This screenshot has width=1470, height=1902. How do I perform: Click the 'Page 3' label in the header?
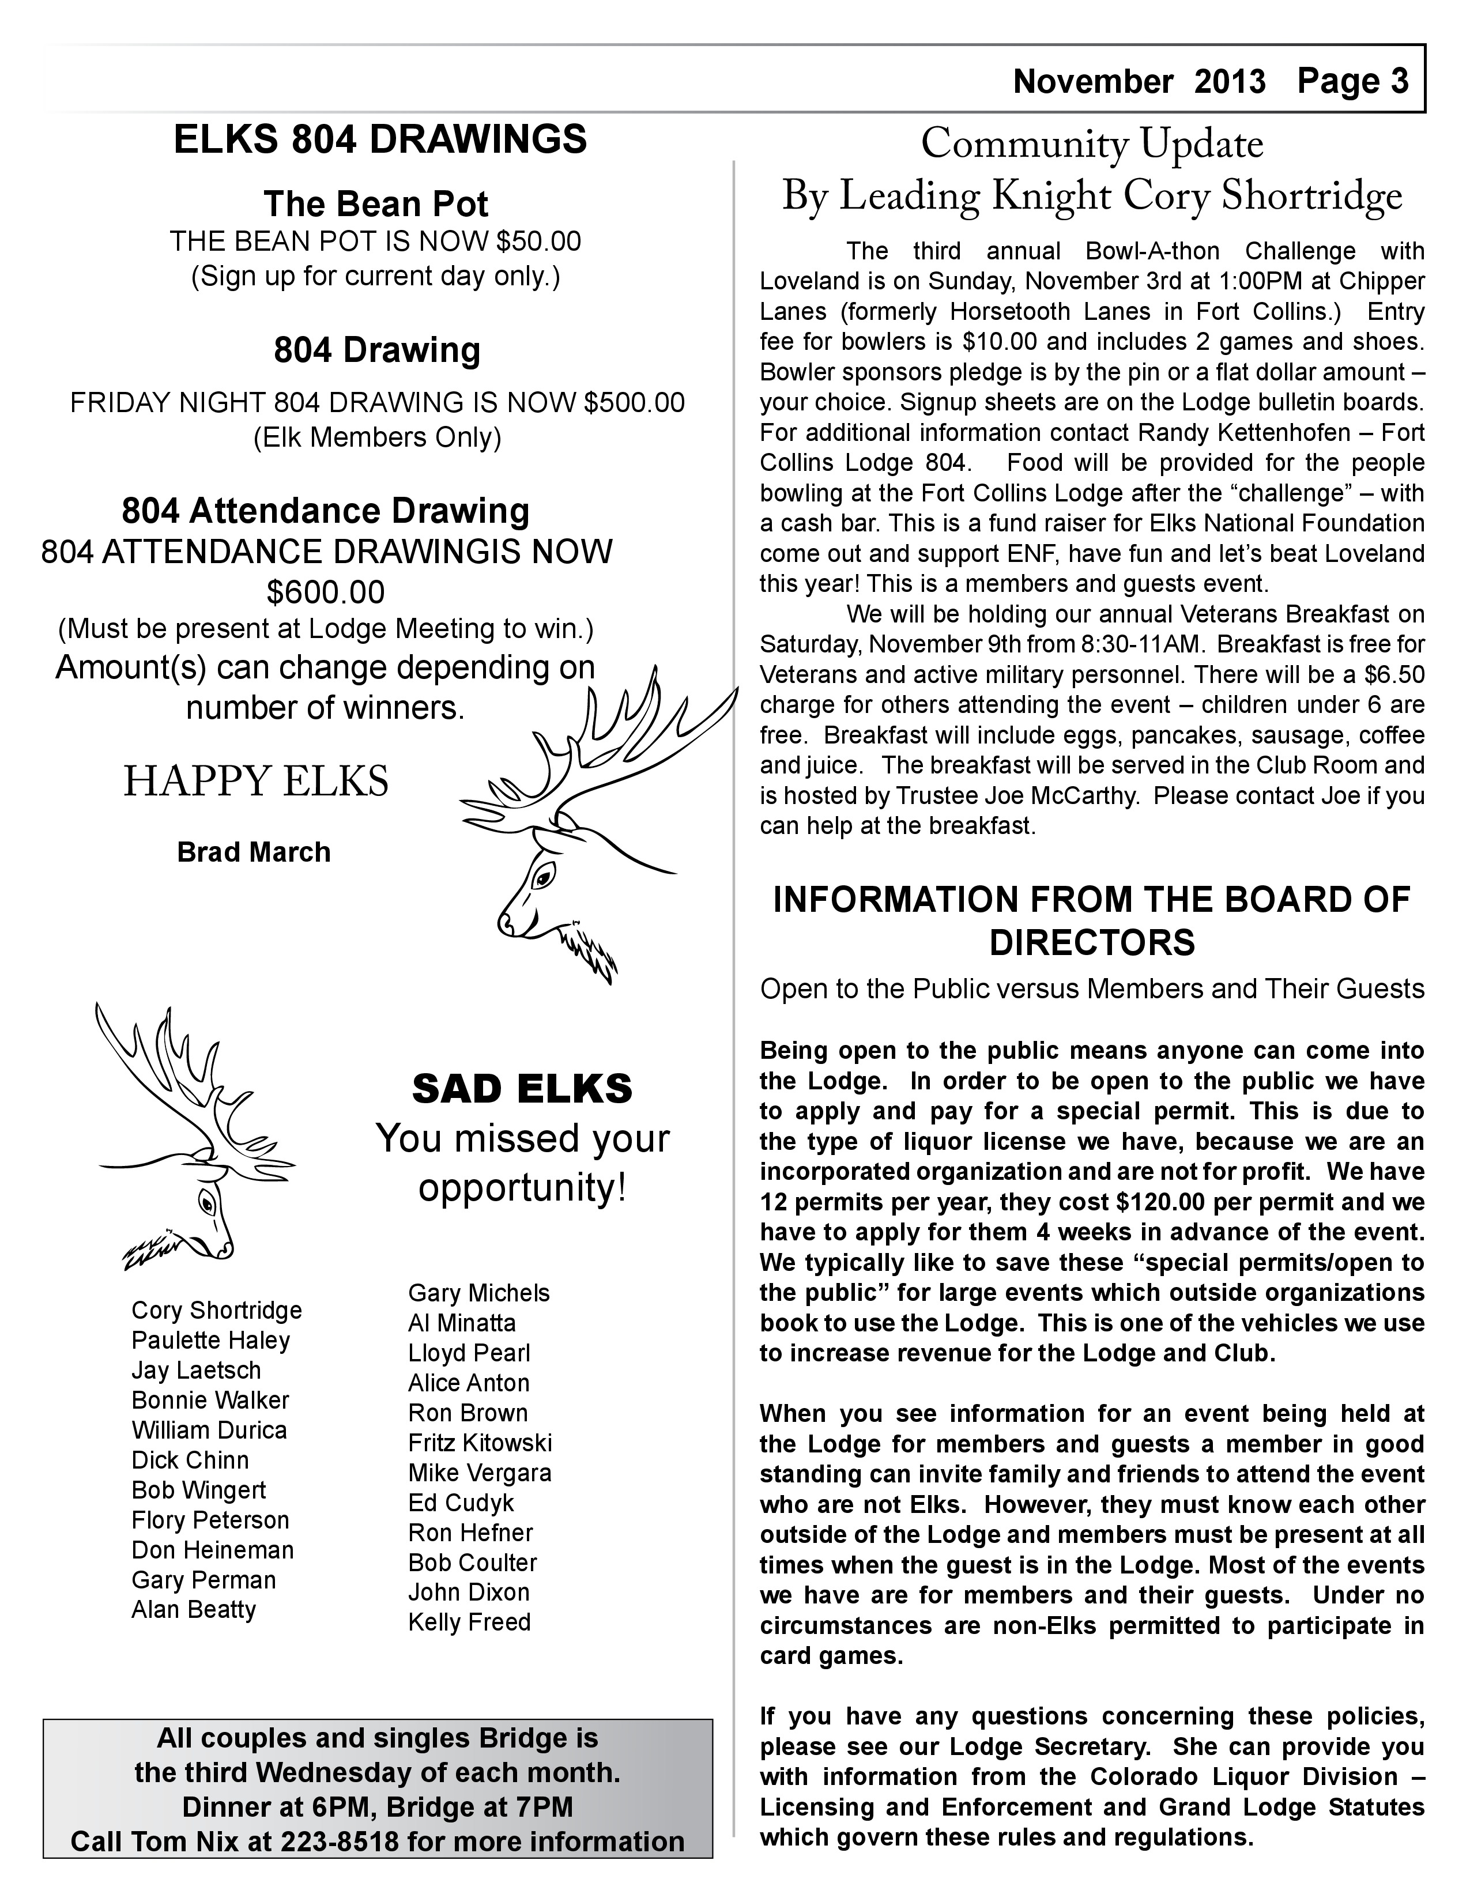tap(1352, 81)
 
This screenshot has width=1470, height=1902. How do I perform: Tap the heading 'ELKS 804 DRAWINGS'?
tap(380, 139)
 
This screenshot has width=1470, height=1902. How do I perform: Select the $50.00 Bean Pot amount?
tap(538, 241)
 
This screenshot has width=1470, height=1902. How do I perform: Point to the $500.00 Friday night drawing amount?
tap(634, 402)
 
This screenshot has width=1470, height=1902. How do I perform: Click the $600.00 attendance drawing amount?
tap(325, 592)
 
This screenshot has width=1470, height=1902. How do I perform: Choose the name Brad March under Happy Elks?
tap(254, 852)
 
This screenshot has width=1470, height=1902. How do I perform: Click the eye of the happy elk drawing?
tap(544, 874)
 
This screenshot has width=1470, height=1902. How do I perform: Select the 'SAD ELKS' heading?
tap(522, 1089)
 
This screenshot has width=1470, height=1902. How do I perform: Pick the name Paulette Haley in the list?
tap(211, 1340)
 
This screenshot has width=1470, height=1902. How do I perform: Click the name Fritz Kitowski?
tap(480, 1443)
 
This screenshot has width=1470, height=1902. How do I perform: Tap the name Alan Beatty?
tap(193, 1609)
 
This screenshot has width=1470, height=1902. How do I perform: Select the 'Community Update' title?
tap(1092, 144)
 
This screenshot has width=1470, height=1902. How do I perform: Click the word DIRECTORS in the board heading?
tap(1092, 943)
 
